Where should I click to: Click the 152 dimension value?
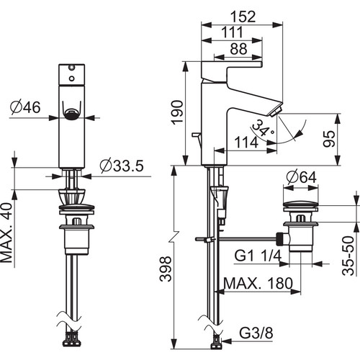pos(243,17)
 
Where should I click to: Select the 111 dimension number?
pos(232,32)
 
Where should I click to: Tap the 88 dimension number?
pos(238,49)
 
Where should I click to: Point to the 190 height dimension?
pos(177,112)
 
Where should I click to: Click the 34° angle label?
pos(262,127)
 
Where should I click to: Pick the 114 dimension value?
pos(246,142)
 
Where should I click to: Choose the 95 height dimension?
pos(328,139)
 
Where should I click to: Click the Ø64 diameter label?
pos(301,177)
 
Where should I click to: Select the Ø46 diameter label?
pos(25,107)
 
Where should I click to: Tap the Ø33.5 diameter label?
pos(122,166)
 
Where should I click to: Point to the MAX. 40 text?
pos(6,233)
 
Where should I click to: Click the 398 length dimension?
pos(166,269)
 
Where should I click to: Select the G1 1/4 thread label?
pos(258,256)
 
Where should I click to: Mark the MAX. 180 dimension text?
pos(258,283)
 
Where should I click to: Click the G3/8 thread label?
pos(256,333)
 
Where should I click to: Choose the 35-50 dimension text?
pos(348,256)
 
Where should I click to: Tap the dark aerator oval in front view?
pos(71,114)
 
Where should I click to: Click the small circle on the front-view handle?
pos(71,78)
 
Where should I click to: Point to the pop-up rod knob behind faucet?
pos(195,135)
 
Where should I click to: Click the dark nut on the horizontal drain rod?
pos(280,239)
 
